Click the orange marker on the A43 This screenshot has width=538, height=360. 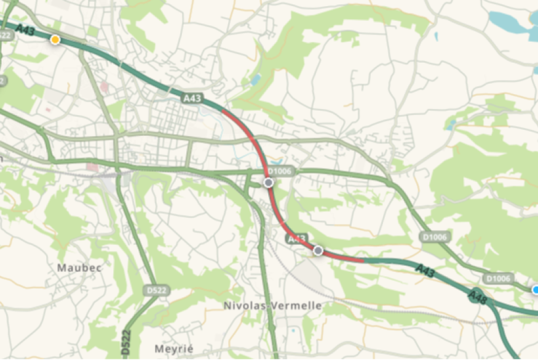55,40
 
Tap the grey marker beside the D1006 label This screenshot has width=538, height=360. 268,183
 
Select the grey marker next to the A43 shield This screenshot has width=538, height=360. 318,250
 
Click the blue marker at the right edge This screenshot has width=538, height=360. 536,289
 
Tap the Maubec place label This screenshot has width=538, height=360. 79,268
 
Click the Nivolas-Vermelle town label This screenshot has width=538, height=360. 272,305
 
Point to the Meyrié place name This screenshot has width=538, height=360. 170,348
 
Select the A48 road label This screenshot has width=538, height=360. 478,295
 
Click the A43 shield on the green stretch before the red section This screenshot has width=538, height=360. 191,97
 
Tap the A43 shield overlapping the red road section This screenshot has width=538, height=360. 296,238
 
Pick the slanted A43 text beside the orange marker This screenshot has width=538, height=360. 25,30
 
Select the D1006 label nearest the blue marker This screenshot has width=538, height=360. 497,279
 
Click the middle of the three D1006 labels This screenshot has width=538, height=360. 435,236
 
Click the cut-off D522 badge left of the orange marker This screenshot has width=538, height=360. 5,36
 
